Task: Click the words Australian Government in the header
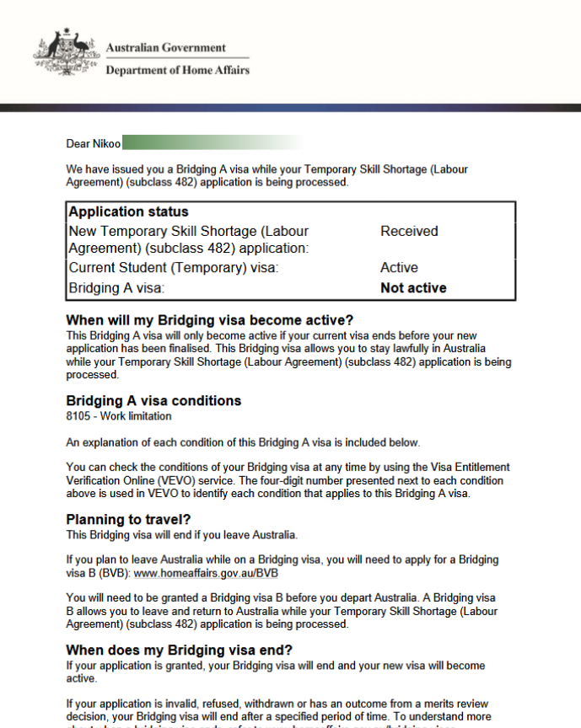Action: [x=165, y=48]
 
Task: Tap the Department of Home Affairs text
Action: [x=177, y=71]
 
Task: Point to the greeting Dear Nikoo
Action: [x=94, y=143]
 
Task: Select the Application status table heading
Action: [x=128, y=211]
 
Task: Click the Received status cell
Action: [x=409, y=231]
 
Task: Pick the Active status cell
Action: [x=399, y=268]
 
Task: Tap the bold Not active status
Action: [x=413, y=288]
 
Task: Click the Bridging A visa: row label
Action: [x=116, y=288]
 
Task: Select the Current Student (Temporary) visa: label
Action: [x=173, y=268]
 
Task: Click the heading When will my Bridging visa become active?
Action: [x=209, y=320]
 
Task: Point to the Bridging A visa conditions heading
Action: [x=153, y=400]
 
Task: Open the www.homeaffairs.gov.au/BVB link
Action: [x=206, y=573]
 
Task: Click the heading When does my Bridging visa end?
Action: [x=179, y=650]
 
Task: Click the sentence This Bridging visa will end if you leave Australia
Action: [x=182, y=535]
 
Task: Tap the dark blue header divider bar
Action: [x=290, y=108]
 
